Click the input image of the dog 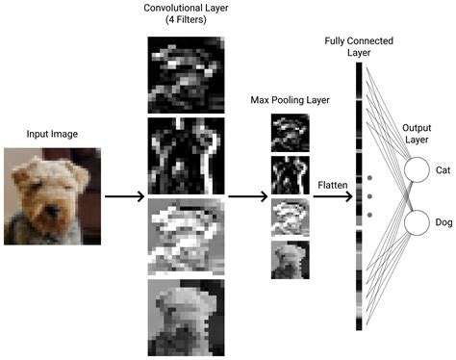tap(49, 194)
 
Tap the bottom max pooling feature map tap(288, 259)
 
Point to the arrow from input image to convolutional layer tap(124, 196)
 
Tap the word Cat tap(443, 170)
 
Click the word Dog tap(443, 223)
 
